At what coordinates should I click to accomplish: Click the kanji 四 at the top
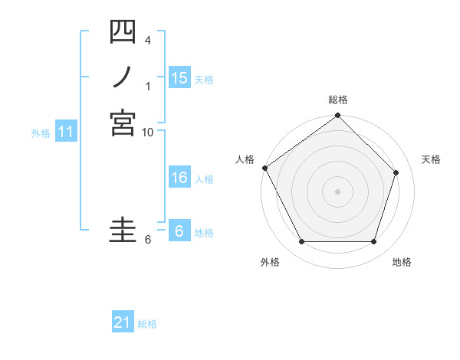pyautogui.click(x=123, y=32)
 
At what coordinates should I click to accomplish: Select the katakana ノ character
pyautogui.click(x=123, y=77)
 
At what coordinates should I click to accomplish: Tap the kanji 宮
pyautogui.click(x=123, y=123)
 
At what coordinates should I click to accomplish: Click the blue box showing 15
pyautogui.click(x=179, y=78)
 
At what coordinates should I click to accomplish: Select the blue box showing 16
pyautogui.click(x=179, y=178)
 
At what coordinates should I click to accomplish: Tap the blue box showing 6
pyautogui.click(x=179, y=231)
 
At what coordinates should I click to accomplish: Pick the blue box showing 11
pyautogui.click(x=66, y=133)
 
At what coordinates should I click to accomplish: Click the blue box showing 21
pyautogui.click(x=123, y=322)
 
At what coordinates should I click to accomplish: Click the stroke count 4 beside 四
pyautogui.click(x=147, y=40)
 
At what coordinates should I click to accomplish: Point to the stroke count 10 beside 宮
pyautogui.click(x=147, y=133)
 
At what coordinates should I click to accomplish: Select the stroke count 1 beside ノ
pyautogui.click(x=147, y=86)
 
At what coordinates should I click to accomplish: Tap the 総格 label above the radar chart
pyautogui.click(x=338, y=100)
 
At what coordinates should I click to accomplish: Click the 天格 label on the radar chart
pyautogui.click(x=431, y=159)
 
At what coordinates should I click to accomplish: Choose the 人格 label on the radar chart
pyautogui.click(x=245, y=159)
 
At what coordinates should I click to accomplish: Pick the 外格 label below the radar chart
pyautogui.click(x=270, y=262)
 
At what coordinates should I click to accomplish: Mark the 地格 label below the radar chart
pyautogui.click(x=402, y=262)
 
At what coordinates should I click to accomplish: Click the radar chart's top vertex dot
pyautogui.click(x=338, y=116)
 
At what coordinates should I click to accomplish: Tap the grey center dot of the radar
pyautogui.click(x=338, y=191)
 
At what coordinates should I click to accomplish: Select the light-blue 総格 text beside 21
pyautogui.click(x=147, y=324)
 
